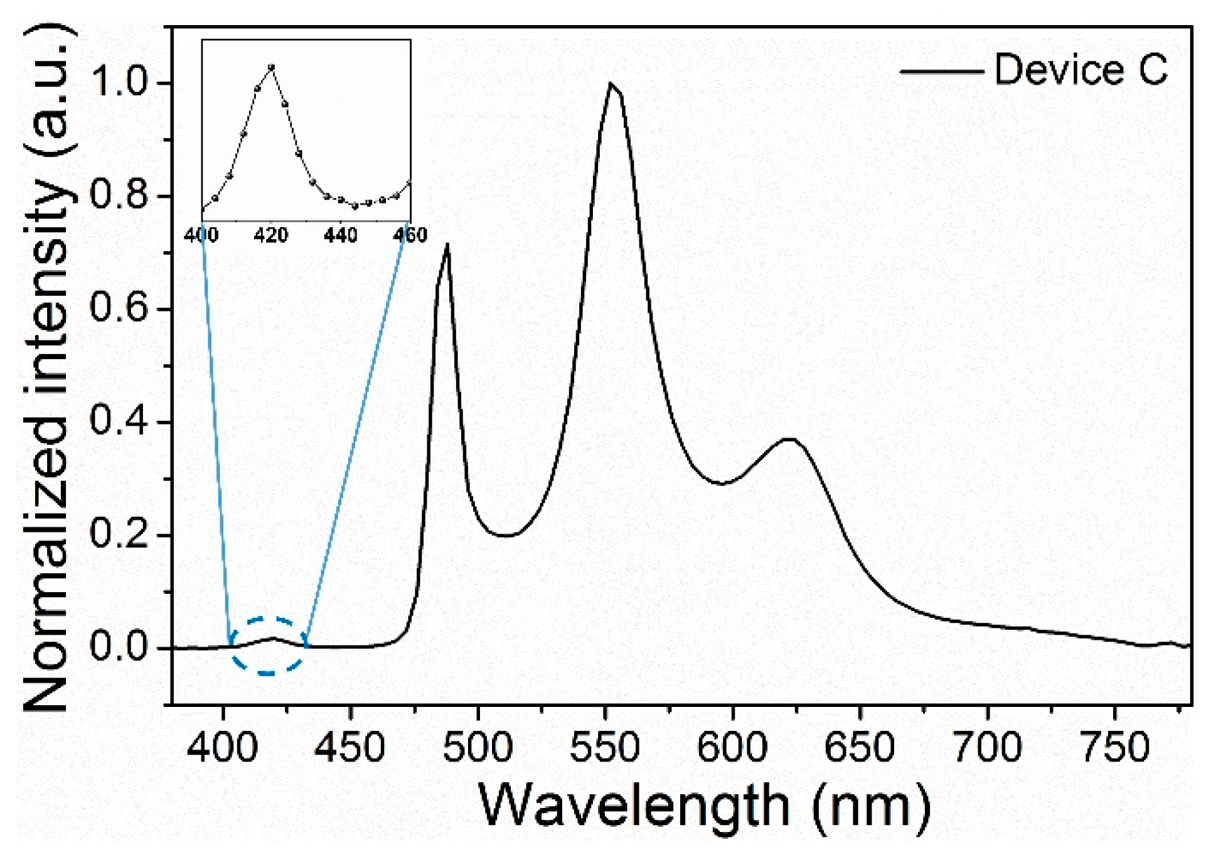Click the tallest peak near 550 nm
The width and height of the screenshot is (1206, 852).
tap(609, 84)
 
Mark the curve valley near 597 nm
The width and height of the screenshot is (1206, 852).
tap(723, 483)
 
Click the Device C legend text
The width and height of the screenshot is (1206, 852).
tap(1081, 70)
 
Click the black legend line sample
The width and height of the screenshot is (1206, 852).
tap(941, 71)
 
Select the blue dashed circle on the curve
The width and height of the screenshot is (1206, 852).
tap(269, 646)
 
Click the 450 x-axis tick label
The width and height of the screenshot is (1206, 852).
tap(350, 748)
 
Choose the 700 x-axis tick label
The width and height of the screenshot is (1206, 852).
tap(987, 748)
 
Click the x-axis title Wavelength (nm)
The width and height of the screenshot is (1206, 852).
tap(704, 806)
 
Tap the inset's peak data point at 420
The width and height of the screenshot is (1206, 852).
tap(271, 67)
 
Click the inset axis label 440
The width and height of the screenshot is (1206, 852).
tap(341, 235)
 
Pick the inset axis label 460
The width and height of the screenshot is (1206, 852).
tap(410, 235)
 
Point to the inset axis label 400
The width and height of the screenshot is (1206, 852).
tap(202, 235)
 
